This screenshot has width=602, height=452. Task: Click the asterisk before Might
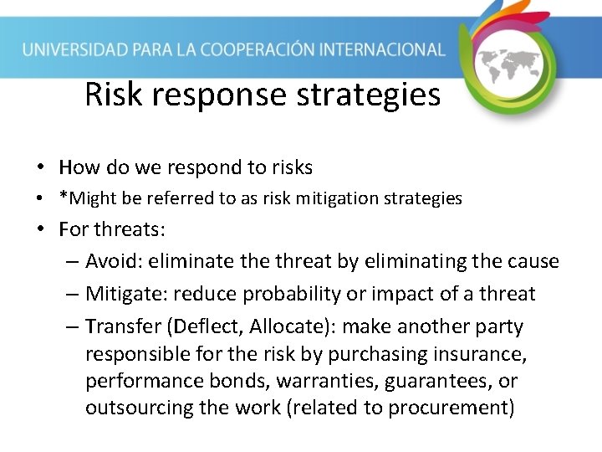[x=63, y=198]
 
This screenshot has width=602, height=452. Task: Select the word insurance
[x=485, y=354]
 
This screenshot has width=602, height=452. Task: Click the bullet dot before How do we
[x=40, y=167]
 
